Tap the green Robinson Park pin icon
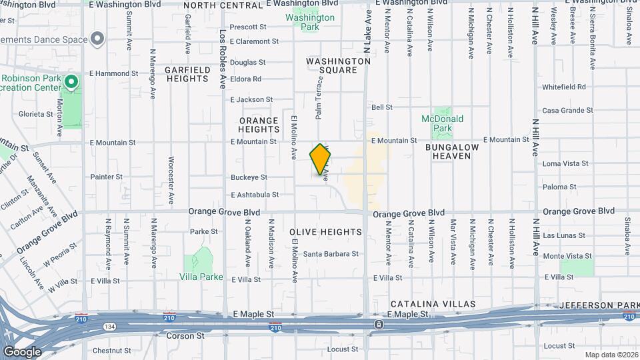(x=72, y=83)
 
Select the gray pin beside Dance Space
(x=98, y=39)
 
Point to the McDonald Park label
(x=442, y=123)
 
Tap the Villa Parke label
(x=201, y=277)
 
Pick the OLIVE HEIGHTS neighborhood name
(x=325, y=233)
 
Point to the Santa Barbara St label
(x=331, y=254)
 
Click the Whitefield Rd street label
(x=563, y=87)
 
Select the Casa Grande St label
(x=567, y=111)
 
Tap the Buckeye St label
(x=249, y=177)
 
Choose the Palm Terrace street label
(x=319, y=97)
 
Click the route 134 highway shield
(x=108, y=327)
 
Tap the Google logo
(x=22, y=352)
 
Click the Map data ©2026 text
(x=611, y=355)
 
